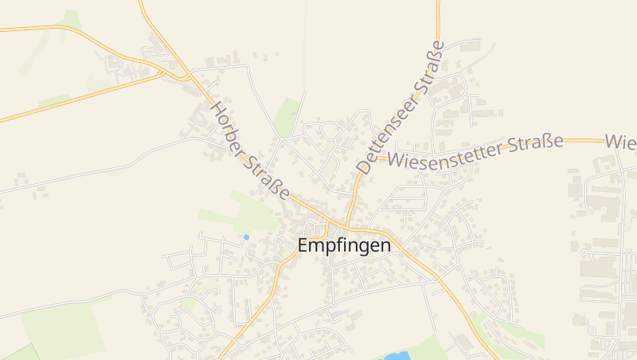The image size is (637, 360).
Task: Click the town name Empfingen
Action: point(344,245)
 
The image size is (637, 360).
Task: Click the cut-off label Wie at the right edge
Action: point(620,142)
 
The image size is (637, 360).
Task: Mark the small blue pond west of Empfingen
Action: point(246,237)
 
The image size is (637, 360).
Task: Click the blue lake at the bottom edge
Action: point(397,355)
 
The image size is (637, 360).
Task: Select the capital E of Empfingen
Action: point(303,245)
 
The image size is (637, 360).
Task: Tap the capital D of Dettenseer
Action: point(365,168)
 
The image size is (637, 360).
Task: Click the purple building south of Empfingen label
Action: point(340,313)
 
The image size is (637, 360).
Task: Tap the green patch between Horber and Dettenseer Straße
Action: point(287,117)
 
